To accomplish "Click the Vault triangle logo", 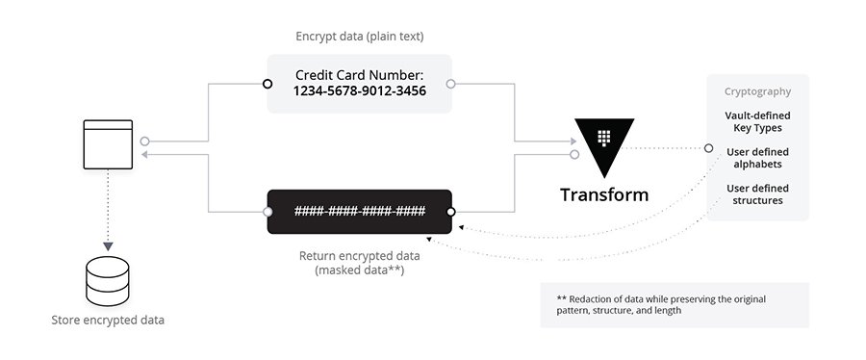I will [604, 142].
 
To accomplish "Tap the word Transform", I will [604, 194].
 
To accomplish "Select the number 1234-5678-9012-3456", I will [360, 90].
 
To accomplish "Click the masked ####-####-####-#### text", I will [360, 212].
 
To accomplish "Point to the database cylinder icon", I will [107, 278].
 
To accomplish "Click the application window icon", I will [108, 144].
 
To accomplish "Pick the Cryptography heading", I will [757, 91].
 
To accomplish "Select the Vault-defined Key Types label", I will [757, 121].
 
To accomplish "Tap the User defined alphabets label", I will [757, 158].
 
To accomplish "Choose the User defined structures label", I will [757, 194].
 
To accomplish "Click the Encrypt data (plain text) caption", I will [360, 37].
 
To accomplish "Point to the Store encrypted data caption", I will [107, 320].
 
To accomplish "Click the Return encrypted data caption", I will [360, 255].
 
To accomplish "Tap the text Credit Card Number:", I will [360, 74].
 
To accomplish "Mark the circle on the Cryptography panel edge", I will [708, 148].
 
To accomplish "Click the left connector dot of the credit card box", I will [268, 84].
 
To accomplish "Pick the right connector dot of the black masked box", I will [450, 212].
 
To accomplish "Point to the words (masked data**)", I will [360, 270].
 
